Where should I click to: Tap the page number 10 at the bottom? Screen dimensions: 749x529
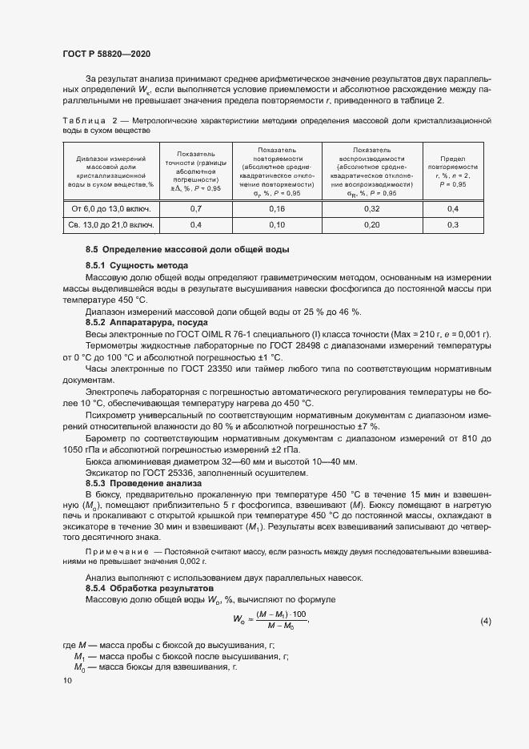coord(66,679)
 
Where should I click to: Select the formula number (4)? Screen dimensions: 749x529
coord(485,622)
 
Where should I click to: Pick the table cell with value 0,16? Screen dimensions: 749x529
coord(278,209)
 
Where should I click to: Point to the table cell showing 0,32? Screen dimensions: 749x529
coord(372,209)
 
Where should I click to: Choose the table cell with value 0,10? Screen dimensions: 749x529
coord(278,225)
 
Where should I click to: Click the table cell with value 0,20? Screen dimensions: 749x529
coord(372,225)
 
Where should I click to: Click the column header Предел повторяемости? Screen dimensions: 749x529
coord(453,172)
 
